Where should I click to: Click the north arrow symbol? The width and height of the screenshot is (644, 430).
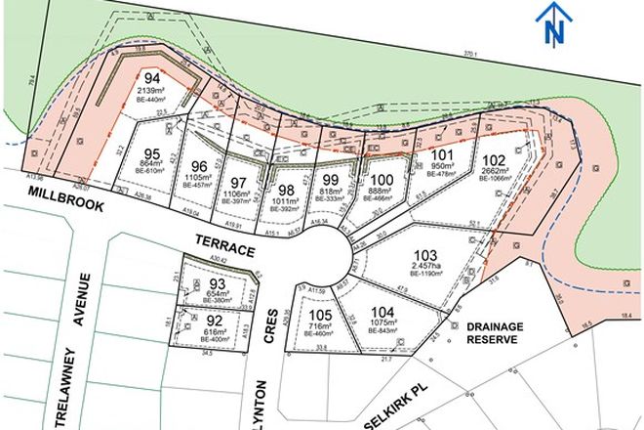[555, 23]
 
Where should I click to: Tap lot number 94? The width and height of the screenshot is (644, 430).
[152, 77]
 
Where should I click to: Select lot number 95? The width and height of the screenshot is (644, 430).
[151, 153]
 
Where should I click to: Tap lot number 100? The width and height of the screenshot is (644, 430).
[382, 179]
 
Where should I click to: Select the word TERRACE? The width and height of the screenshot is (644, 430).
[225, 251]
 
